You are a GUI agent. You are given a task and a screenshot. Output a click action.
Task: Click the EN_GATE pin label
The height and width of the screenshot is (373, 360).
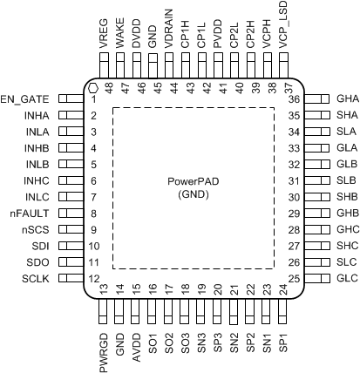click(x=25, y=98)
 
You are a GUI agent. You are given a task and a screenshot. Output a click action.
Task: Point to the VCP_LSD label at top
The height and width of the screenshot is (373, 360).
click(x=282, y=25)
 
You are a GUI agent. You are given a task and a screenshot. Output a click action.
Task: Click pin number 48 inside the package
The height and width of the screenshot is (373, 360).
click(x=111, y=86)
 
